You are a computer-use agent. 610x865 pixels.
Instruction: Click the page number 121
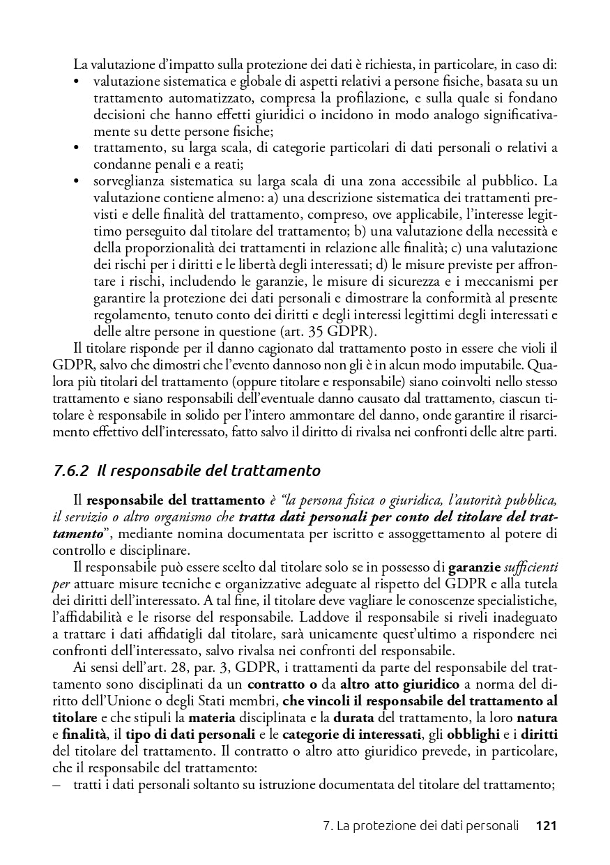[545, 827]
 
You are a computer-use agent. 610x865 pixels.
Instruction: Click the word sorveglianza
[129, 181]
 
